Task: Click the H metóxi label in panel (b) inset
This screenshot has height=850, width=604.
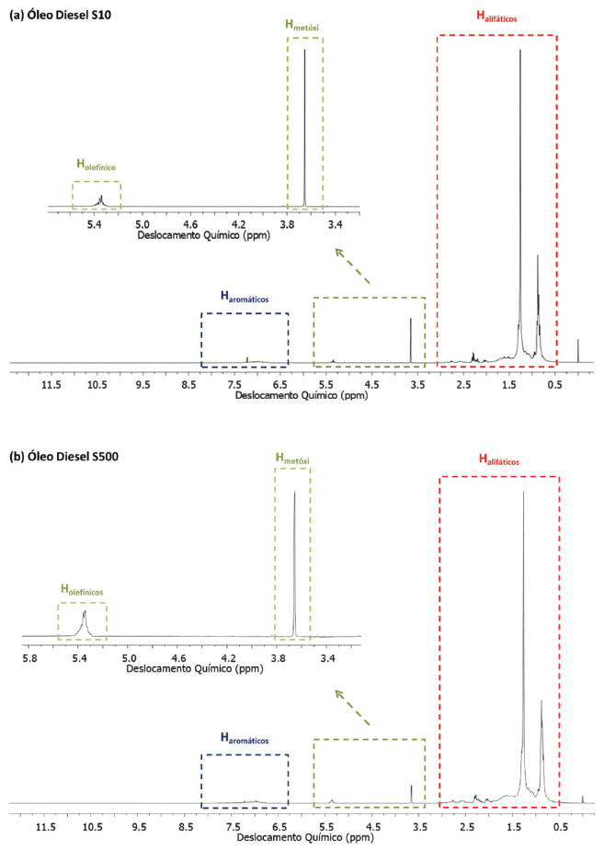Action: pos(293,456)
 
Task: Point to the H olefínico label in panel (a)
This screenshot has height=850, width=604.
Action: pos(97,168)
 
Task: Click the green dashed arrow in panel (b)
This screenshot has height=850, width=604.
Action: pos(354,706)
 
